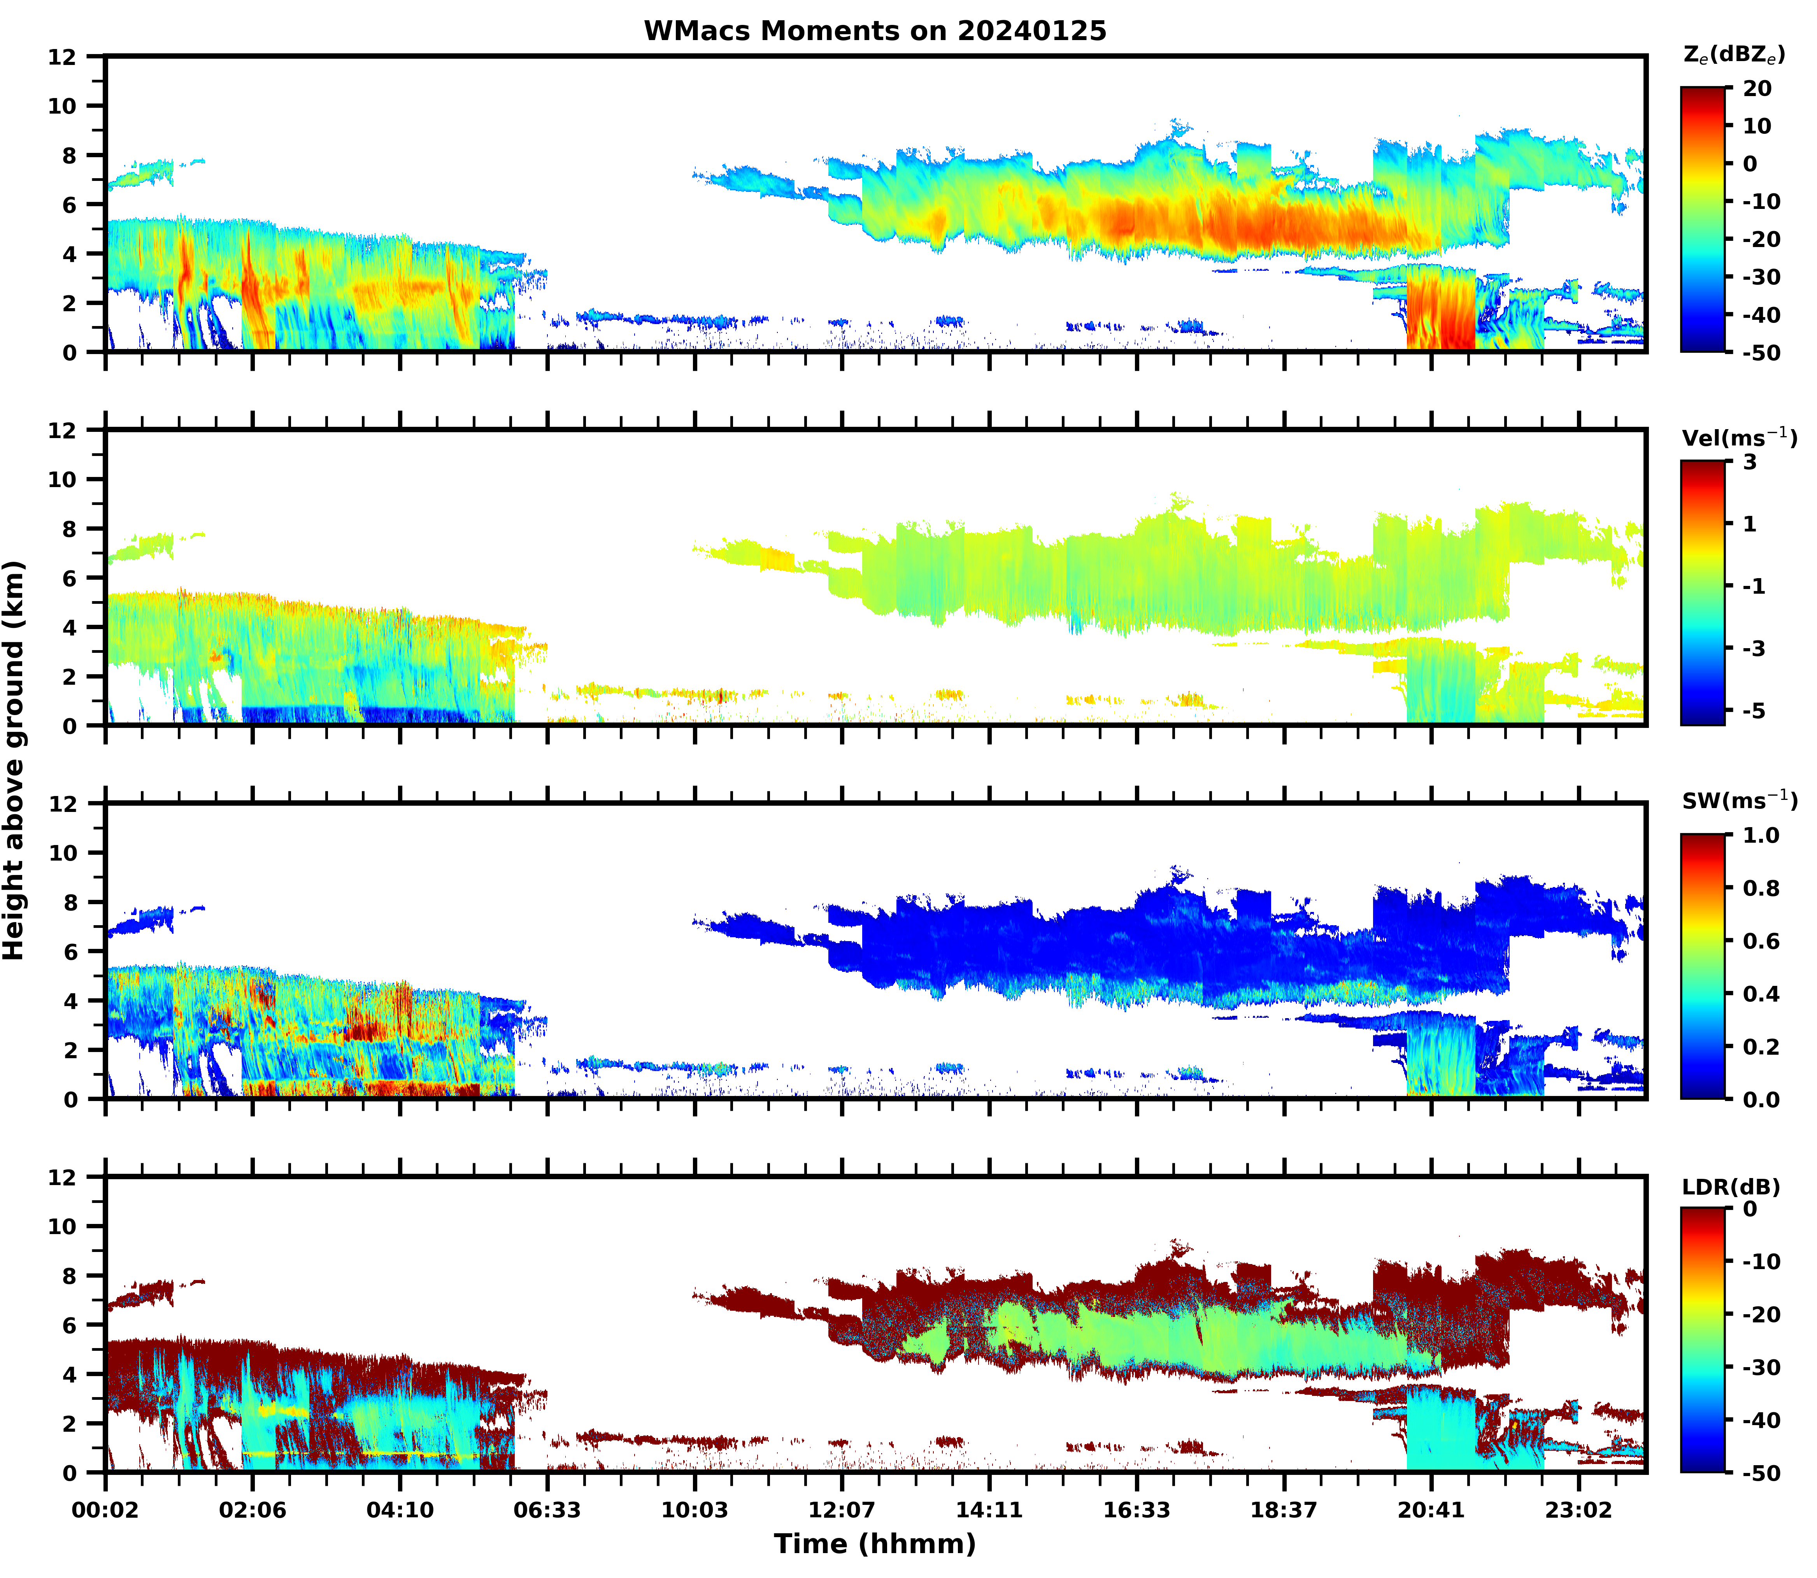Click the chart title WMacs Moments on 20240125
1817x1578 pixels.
875,31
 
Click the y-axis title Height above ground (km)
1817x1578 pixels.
14,760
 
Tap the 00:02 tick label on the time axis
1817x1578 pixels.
106,1510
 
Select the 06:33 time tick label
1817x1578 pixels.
547,1510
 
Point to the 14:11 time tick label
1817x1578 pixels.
989,1510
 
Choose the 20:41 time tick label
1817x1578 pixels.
1430,1510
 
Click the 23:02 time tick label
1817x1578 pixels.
1577,1510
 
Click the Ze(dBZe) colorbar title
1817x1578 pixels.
1733,54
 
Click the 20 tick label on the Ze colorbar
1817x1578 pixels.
1756,88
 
